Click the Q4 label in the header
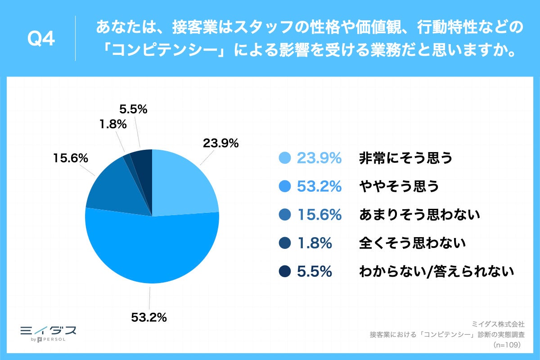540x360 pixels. click(41, 40)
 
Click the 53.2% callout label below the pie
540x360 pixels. click(149, 317)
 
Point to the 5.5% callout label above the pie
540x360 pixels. click(133, 109)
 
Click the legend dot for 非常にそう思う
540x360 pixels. click(285, 158)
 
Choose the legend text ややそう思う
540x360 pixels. click(398, 186)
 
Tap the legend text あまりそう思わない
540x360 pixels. click(419, 215)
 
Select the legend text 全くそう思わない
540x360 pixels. click(412, 243)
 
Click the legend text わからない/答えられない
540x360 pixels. click(436, 272)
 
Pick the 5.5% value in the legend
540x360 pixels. click(315, 272)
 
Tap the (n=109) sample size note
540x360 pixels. click(507, 345)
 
